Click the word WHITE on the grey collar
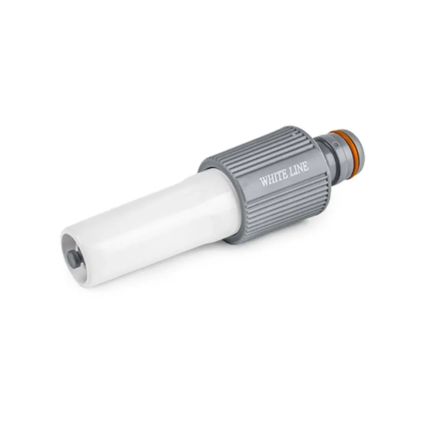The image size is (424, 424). [274, 178]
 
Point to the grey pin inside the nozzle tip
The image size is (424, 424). [72, 255]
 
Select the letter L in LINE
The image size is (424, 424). [293, 171]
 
